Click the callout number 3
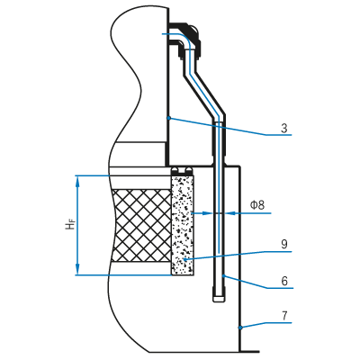coord(284,128)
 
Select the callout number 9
coord(284,244)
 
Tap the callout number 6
coord(284,281)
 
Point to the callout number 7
coord(284,316)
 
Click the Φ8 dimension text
coord(257,205)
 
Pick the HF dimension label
coord(70,224)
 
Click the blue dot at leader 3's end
coord(169,118)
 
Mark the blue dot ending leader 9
coord(185,260)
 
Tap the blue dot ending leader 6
coord(223,275)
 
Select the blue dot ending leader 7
coord(240,328)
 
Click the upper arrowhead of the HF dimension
coord(77,181)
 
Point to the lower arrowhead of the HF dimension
coord(77,269)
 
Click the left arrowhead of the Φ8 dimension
coord(207,213)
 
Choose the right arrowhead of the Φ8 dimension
coord(230,213)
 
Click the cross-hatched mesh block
coord(141,225)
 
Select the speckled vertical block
coord(183,225)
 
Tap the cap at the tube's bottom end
coord(219,299)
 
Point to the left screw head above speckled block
coord(175,172)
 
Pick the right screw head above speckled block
coord(188,172)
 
